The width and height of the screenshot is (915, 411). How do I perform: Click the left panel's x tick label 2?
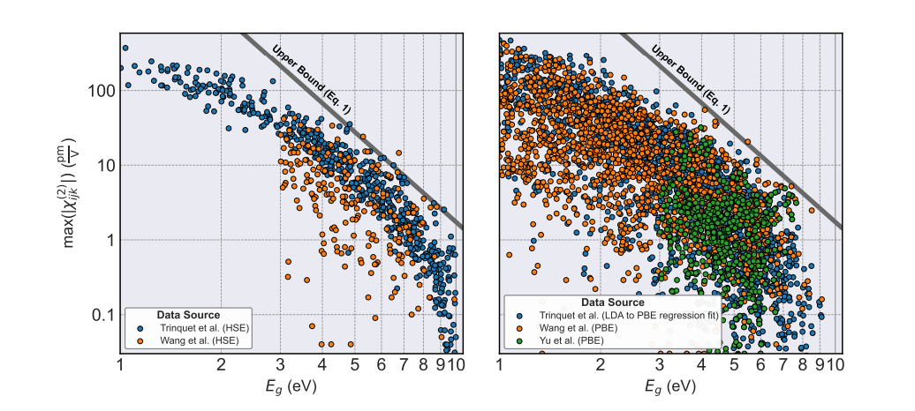220,363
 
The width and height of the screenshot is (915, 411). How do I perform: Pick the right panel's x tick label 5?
734,363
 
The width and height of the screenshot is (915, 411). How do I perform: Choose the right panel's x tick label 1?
500,363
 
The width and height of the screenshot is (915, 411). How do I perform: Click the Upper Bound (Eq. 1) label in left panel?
311,79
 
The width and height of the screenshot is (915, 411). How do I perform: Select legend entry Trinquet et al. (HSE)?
199,328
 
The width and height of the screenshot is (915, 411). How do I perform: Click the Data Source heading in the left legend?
188,315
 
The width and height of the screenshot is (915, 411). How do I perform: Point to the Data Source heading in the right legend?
612,303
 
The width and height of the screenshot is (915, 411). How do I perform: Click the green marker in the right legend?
519,339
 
